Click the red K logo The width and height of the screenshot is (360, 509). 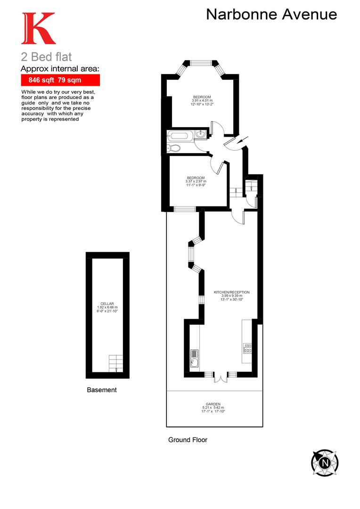pos(38,29)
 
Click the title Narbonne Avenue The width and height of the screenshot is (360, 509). pos(271,15)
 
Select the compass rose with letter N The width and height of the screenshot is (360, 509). pos(325,462)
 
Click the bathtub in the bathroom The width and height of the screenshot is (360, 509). pos(180,136)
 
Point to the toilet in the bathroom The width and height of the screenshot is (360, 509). pos(174,148)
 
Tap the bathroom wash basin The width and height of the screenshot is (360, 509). pos(200,134)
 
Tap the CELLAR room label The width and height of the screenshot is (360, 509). pos(107,304)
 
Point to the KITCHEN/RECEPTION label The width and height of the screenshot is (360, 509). pos(231,292)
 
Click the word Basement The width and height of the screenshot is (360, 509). pos(102,390)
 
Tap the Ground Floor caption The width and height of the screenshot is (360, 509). pos(188,440)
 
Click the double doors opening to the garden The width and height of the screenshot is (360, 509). pos(219,378)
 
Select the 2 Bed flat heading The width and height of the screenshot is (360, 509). pos(47,57)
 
